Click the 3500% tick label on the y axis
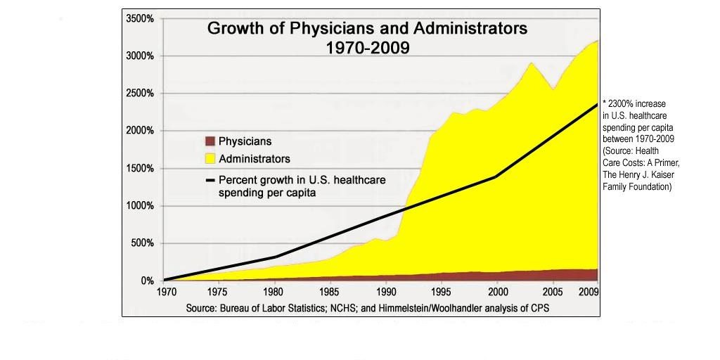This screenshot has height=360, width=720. point(139,18)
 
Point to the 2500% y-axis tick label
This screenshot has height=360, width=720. point(139,94)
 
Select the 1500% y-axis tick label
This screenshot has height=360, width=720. point(139,169)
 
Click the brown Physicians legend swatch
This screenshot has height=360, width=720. point(210,141)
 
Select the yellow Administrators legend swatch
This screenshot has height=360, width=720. point(210,158)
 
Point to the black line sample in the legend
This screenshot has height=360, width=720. point(210,180)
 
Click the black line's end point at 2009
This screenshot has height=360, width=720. point(598,105)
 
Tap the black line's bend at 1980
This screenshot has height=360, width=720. point(276,257)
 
